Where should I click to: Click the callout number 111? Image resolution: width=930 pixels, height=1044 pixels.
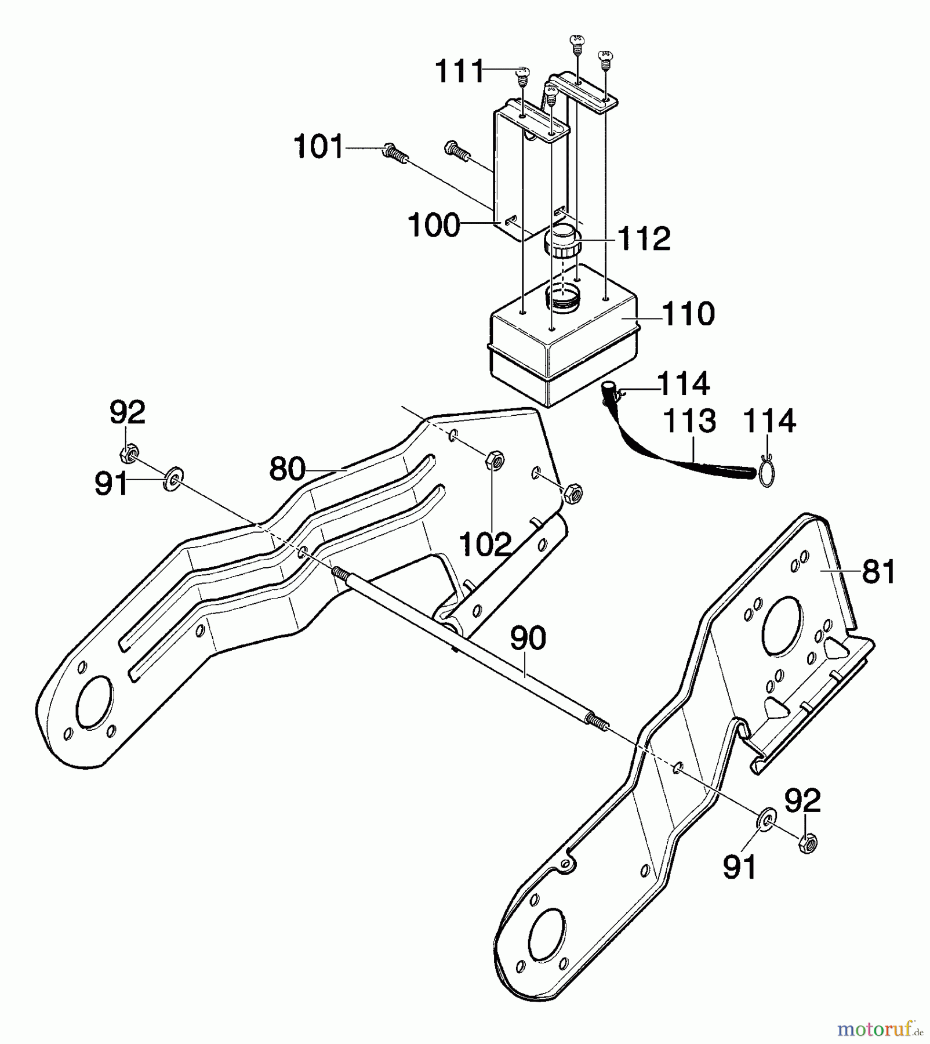[459, 72]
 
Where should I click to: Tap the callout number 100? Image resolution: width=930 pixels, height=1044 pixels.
[434, 225]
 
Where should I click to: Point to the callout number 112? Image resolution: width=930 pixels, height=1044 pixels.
[644, 239]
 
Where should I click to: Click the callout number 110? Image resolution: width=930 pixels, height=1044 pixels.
[688, 314]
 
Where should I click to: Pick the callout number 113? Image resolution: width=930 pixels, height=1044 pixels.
[689, 422]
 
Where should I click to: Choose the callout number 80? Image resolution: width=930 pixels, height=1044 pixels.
[287, 469]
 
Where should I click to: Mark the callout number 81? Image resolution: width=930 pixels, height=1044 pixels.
[879, 571]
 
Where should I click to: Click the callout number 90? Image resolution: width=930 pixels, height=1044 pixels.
[528, 638]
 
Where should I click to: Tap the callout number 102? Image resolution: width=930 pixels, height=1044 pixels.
[485, 545]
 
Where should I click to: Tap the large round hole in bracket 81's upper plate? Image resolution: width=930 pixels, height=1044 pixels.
[782, 628]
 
